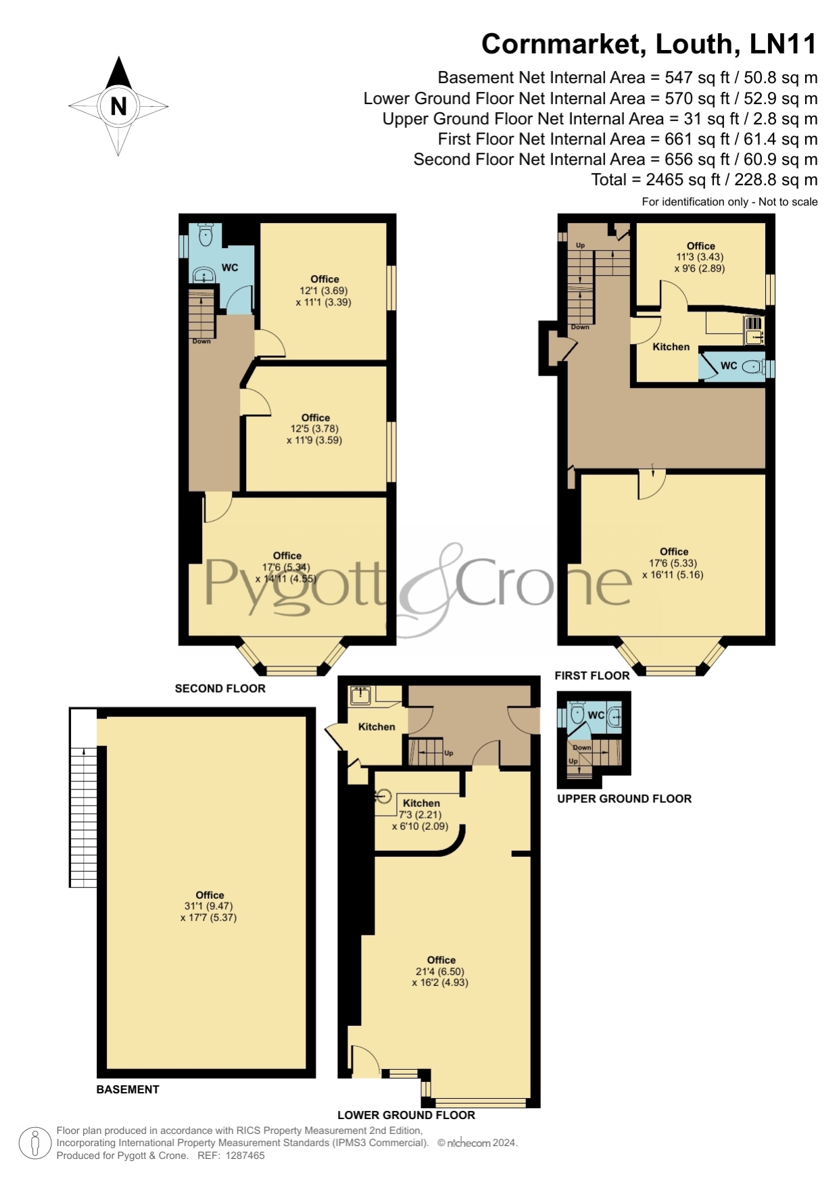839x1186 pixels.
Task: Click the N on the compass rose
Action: tap(118, 106)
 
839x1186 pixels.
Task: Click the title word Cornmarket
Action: tap(563, 45)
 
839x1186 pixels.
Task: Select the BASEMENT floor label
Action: tap(128, 1089)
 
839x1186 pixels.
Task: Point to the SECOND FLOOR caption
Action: tap(220, 688)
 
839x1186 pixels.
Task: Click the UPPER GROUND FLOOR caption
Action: tap(624, 798)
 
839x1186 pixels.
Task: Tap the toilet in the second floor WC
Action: tap(206, 234)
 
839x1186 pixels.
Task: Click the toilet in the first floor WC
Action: tap(752, 367)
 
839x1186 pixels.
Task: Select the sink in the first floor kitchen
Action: tap(754, 330)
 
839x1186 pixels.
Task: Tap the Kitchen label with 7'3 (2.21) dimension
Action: tap(421, 803)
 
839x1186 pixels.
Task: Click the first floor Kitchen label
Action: tap(671, 347)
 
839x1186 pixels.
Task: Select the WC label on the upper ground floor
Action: tap(596, 715)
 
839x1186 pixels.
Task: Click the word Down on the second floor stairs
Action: tap(201, 341)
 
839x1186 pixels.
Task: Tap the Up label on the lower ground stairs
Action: tap(449, 753)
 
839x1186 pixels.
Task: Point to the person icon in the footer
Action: tap(35, 1143)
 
